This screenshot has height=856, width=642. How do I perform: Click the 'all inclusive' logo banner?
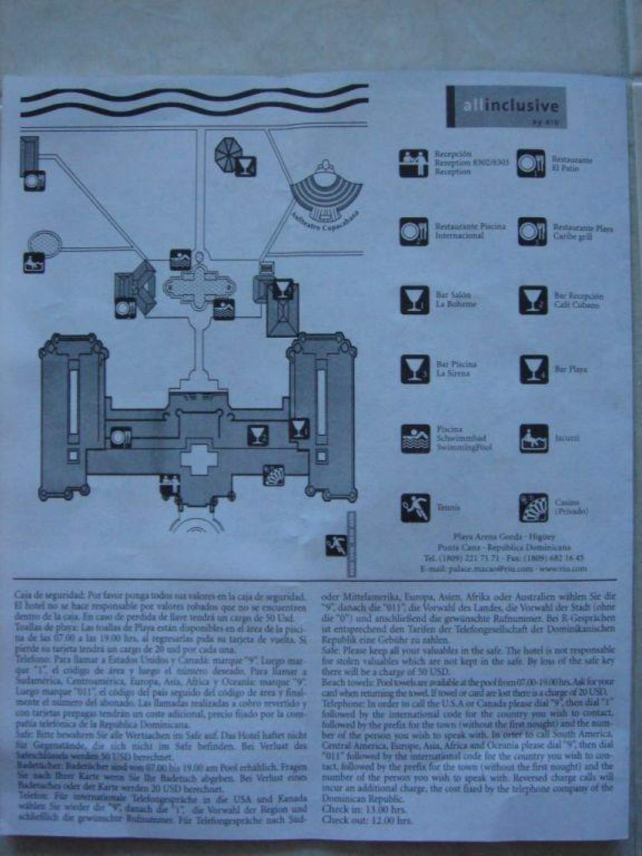coord(506,107)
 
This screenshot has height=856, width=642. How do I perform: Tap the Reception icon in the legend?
coord(413,163)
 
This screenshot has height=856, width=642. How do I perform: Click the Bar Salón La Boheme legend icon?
coord(414,300)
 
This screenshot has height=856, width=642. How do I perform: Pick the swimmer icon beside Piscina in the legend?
coord(415,439)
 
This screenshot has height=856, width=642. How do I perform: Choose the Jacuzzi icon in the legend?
coord(534,439)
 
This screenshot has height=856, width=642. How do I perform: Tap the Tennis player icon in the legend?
coord(415,508)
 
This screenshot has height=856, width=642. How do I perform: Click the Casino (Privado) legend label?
coord(571,507)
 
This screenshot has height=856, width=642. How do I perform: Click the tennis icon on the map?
coord(336,545)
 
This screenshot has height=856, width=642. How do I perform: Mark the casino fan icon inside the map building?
coord(274,474)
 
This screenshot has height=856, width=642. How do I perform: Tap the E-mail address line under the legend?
coord(504,569)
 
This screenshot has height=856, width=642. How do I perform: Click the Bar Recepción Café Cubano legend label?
coord(578,301)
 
